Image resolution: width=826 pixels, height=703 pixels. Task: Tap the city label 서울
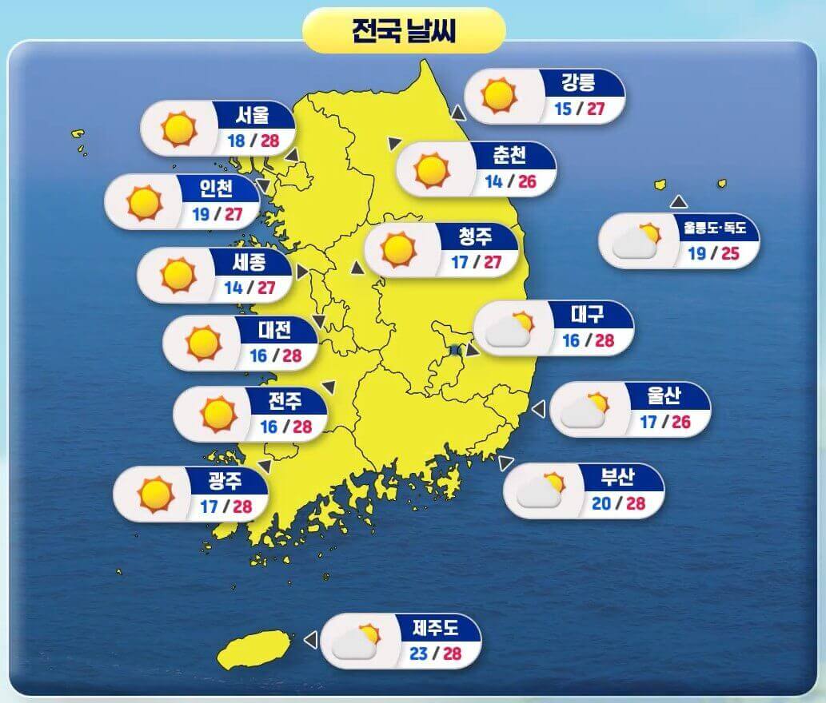pos(252,115)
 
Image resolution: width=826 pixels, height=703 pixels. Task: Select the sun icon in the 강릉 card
pos(498,95)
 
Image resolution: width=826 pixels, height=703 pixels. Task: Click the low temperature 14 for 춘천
pos(493,181)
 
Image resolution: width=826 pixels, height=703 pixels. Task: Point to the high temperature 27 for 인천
pos(233,214)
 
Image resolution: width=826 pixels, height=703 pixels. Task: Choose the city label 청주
pos(476,236)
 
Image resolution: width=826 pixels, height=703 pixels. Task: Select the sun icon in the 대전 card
pos(202,342)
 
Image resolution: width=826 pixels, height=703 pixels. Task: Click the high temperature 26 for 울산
pos(680,421)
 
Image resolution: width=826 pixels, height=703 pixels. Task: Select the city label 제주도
pos(436,626)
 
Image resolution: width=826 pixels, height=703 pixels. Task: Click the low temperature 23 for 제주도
pos(418,654)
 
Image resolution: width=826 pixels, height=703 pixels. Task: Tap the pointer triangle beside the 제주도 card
pos(310,640)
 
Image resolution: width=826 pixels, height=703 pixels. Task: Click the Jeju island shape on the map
pos(254,649)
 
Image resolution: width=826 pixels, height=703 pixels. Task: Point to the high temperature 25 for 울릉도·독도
pos(729,255)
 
